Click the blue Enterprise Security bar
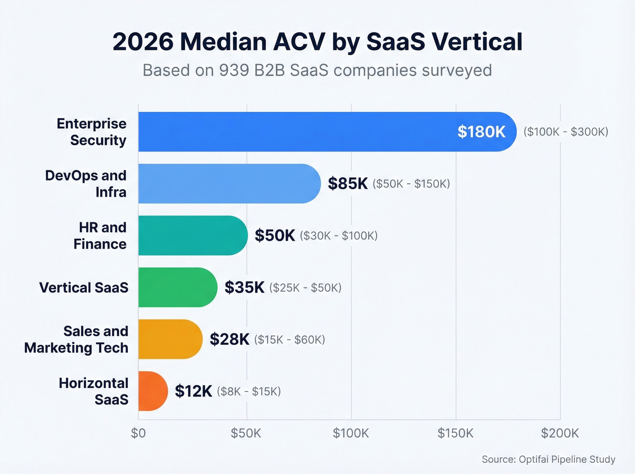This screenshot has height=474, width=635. click(295, 132)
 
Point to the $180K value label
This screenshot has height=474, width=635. click(481, 132)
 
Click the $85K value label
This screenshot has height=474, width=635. click(347, 184)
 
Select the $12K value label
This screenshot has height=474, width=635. click(193, 391)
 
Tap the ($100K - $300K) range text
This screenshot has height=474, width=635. click(566, 132)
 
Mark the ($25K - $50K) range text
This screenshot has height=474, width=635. click(305, 288)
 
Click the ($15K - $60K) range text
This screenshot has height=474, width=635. click(289, 340)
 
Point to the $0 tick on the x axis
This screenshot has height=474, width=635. click(138, 433)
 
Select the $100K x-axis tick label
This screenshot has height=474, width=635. click(351, 433)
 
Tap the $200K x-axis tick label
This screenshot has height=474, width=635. click(560, 433)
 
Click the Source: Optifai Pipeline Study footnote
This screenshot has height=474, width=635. click(548, 459)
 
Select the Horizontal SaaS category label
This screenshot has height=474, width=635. click(93, 391)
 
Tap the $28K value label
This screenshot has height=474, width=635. click(230, 339)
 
